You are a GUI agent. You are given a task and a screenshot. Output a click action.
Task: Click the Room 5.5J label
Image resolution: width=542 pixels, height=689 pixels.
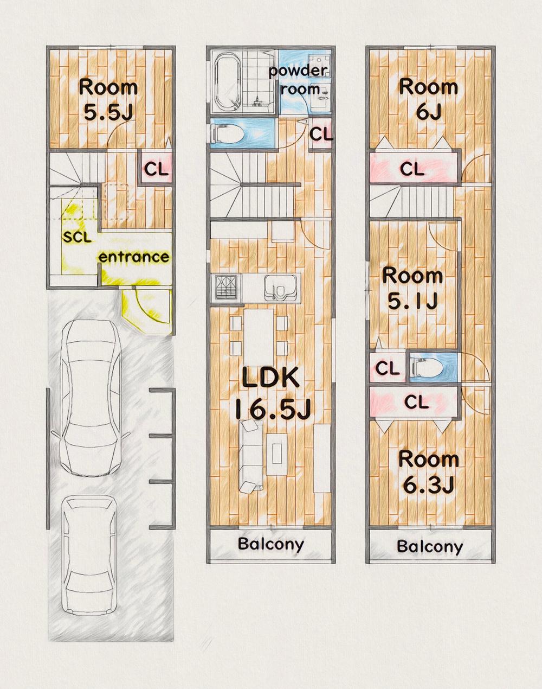(108, 100)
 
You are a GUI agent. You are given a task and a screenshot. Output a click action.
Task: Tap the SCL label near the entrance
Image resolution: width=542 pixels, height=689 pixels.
(77, 237)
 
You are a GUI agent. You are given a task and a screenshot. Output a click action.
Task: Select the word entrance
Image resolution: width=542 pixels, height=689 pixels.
(134, 257)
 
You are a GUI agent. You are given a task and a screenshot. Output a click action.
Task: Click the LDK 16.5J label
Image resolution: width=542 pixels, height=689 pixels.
(272, 393)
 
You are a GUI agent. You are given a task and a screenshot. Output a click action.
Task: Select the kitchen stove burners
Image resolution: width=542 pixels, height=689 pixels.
(228, 287)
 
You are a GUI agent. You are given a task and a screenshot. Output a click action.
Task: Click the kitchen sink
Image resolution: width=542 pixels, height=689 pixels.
(281, 288)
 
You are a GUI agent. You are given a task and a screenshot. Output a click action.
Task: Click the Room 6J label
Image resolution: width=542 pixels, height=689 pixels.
(429, 100)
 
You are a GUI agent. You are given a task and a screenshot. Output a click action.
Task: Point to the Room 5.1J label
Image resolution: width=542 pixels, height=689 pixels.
(412, 289)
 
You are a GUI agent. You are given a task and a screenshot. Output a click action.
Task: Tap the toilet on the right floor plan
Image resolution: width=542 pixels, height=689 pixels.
(428, 367)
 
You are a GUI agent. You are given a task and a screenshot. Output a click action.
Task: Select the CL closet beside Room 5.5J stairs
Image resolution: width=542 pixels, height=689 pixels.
(156, 169)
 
